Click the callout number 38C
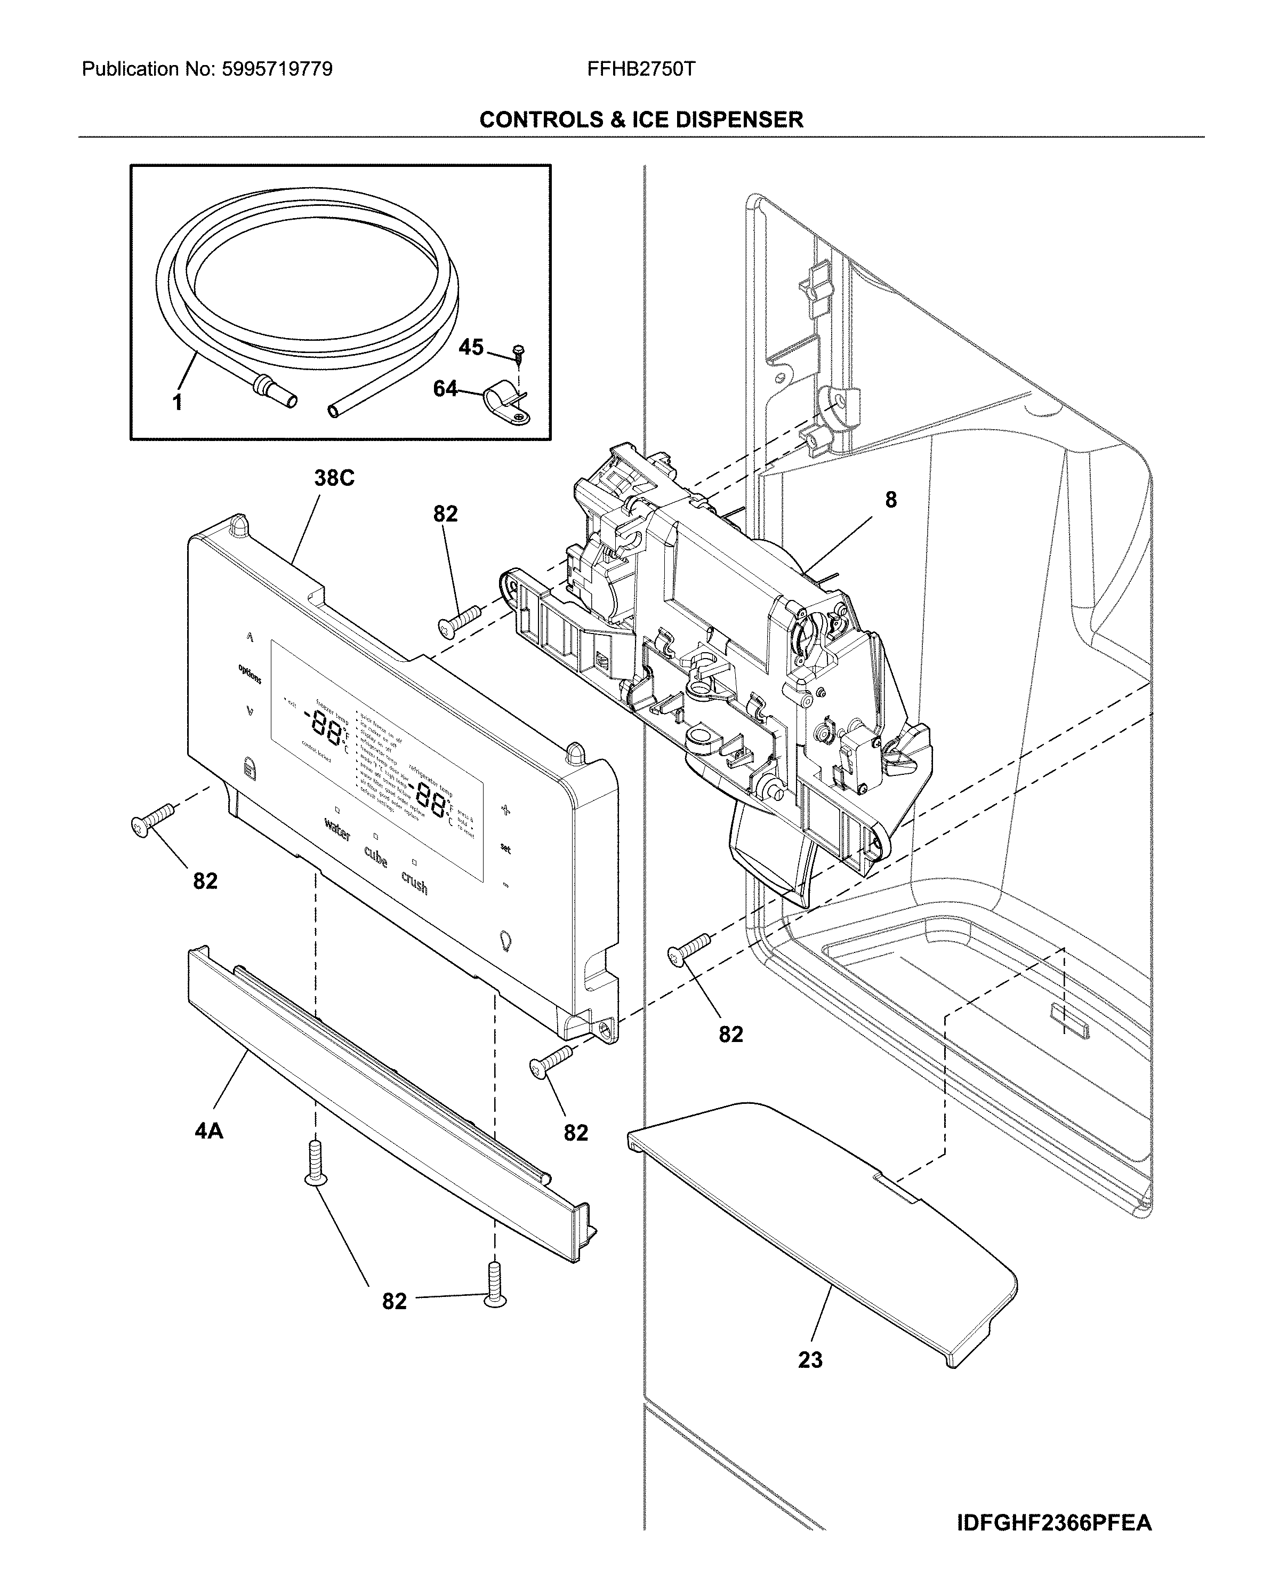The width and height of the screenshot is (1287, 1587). tap(334, 478)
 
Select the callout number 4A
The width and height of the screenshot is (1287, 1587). tap(208, 1131)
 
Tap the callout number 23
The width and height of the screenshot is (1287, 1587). tap(810, 1360)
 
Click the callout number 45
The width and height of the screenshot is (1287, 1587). tap(471, 347)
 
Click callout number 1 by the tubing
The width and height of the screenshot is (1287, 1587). tap(177, 403)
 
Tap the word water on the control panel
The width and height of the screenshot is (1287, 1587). tap(337, 830)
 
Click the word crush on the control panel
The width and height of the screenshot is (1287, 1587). tap(414, 883)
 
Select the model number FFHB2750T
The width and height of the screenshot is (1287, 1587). tap(641, 70)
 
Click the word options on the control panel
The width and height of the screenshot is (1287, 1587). tap(250, 674)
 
